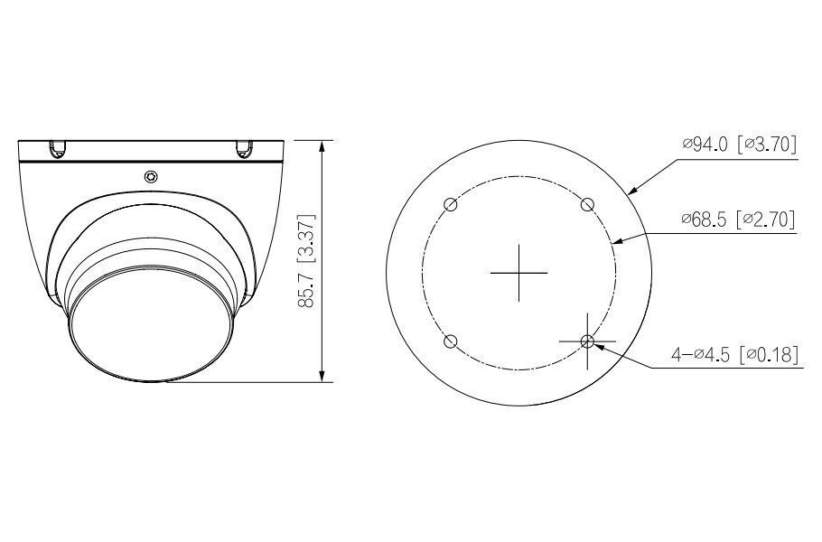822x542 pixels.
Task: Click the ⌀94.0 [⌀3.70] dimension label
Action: [x=740, y=145]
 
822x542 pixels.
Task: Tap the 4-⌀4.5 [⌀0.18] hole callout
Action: [x=733, y=355]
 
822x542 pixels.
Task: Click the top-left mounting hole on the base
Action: [x=452, y=204]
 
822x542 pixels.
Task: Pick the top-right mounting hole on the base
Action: [x=586, y=204]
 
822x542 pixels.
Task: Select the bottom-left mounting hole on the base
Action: [x=452, y=341]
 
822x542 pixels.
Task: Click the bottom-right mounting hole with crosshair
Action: [x=587, y=341]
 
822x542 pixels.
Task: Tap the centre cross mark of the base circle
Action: [x=518, y=272]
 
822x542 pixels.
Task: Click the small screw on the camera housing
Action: [x=151, y=175]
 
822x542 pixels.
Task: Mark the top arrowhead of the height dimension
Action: [x=323, y=145]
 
